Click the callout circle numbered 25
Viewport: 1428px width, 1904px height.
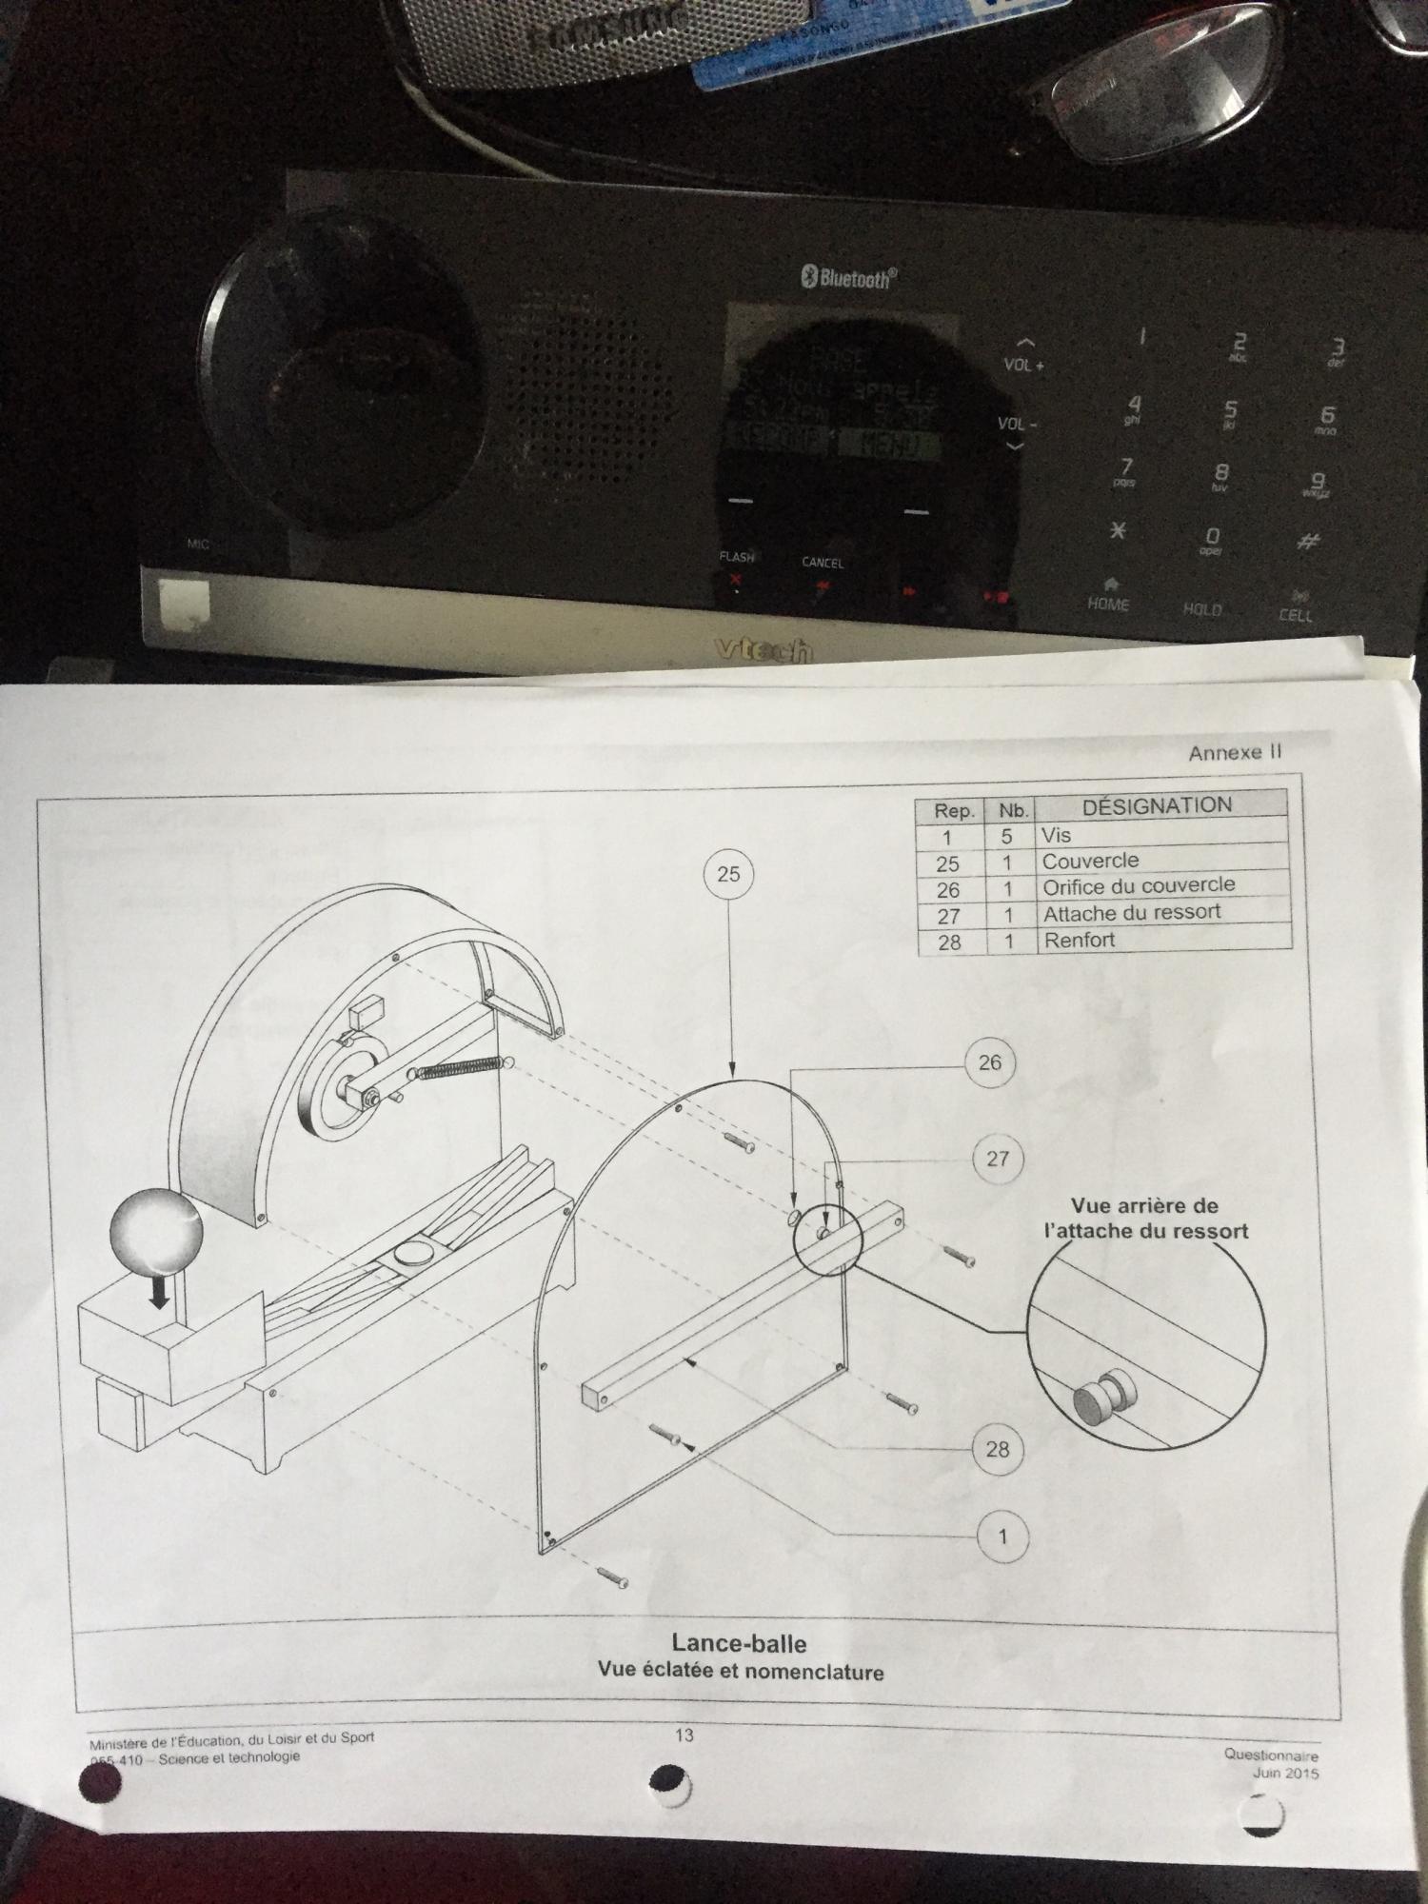[728, 874]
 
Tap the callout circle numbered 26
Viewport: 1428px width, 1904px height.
[990, 1062]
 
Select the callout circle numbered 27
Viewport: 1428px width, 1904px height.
[997, 1159]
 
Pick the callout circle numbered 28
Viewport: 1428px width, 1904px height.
[997, 1449]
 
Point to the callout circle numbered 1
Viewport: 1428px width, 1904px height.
[1002, 1537]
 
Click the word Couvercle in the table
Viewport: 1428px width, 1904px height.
[1090, 861]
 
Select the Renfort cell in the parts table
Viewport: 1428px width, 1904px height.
[1080, 940]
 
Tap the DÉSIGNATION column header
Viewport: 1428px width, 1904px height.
[1157, 805]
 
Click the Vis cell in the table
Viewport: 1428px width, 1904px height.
[1057, 835]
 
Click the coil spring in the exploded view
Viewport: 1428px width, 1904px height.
[459, 1068]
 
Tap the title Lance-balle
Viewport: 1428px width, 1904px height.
[739, 1643]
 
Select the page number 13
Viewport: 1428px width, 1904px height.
[684, 1735]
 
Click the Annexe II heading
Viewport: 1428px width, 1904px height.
[1235, 752]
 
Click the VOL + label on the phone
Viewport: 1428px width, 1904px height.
[1024, 364]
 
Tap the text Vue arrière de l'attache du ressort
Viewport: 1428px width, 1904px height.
[1144, 1219]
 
